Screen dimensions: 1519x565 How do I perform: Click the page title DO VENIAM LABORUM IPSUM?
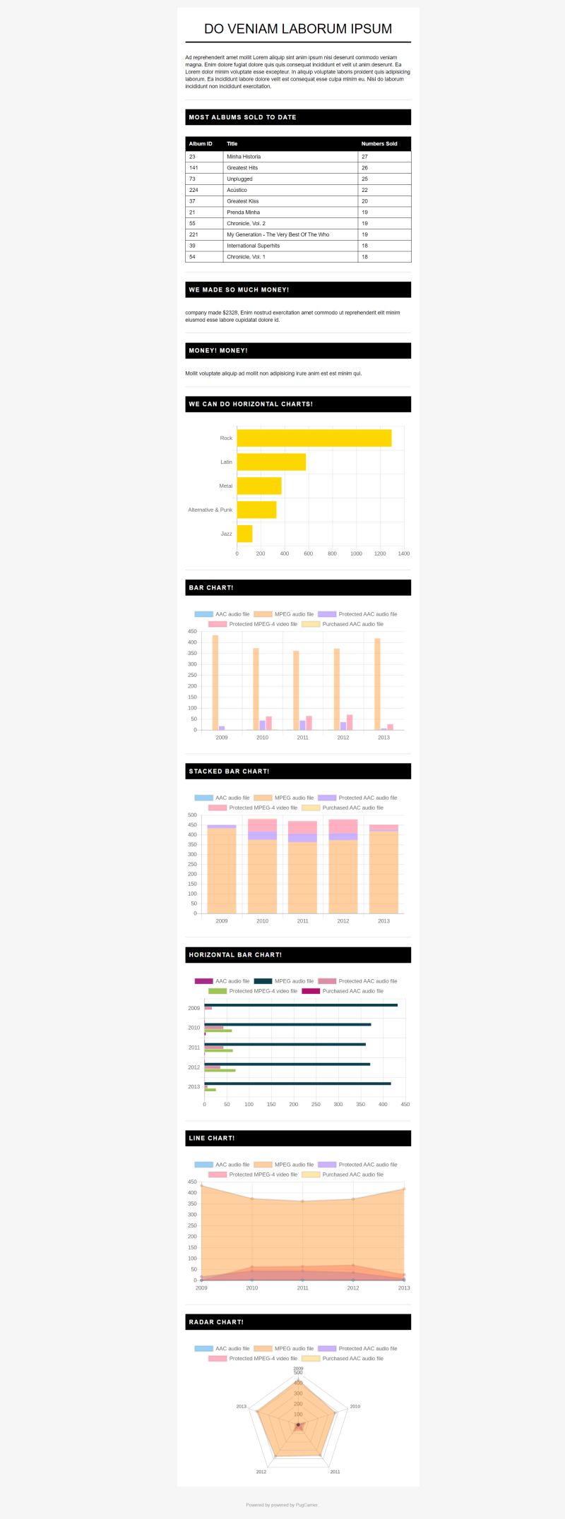tap(297, 29)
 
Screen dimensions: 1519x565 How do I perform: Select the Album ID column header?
tap(201, 144)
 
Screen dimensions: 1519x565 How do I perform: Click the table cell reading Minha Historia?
tap(244, 157)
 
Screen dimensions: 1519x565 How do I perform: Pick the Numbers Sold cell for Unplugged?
tap(364, 179)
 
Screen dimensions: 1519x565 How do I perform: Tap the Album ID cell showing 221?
tap(194, 234)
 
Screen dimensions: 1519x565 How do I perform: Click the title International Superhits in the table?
tap(253, 246)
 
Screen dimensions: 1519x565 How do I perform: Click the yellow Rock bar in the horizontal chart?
tap(314, 438)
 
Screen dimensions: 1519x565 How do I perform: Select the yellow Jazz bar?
tap(244, 534)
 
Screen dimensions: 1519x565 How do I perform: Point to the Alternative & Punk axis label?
tap(210, 510)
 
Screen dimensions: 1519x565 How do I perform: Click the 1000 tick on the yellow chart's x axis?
tap(356, 553)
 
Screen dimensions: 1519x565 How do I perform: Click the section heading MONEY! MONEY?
tap(218, 351)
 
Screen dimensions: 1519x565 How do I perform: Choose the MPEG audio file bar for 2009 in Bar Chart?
tap(215, 683)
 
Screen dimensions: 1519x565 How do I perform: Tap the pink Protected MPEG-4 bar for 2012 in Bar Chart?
tap(350, 722)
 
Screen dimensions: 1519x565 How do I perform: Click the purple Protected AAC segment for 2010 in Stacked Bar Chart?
tap(262, 836)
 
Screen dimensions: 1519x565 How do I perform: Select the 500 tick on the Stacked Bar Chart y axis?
tap(192, 815)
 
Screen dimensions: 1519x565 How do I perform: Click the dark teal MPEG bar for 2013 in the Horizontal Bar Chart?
tap(297, 1083)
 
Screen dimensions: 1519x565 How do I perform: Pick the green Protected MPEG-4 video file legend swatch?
tap(217, 991)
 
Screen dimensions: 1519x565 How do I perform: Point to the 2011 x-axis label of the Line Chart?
tap(302, 1288)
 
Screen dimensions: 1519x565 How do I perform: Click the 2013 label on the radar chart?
tap(242, 1406)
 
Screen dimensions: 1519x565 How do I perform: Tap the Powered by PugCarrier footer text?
tap(282, 1505)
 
